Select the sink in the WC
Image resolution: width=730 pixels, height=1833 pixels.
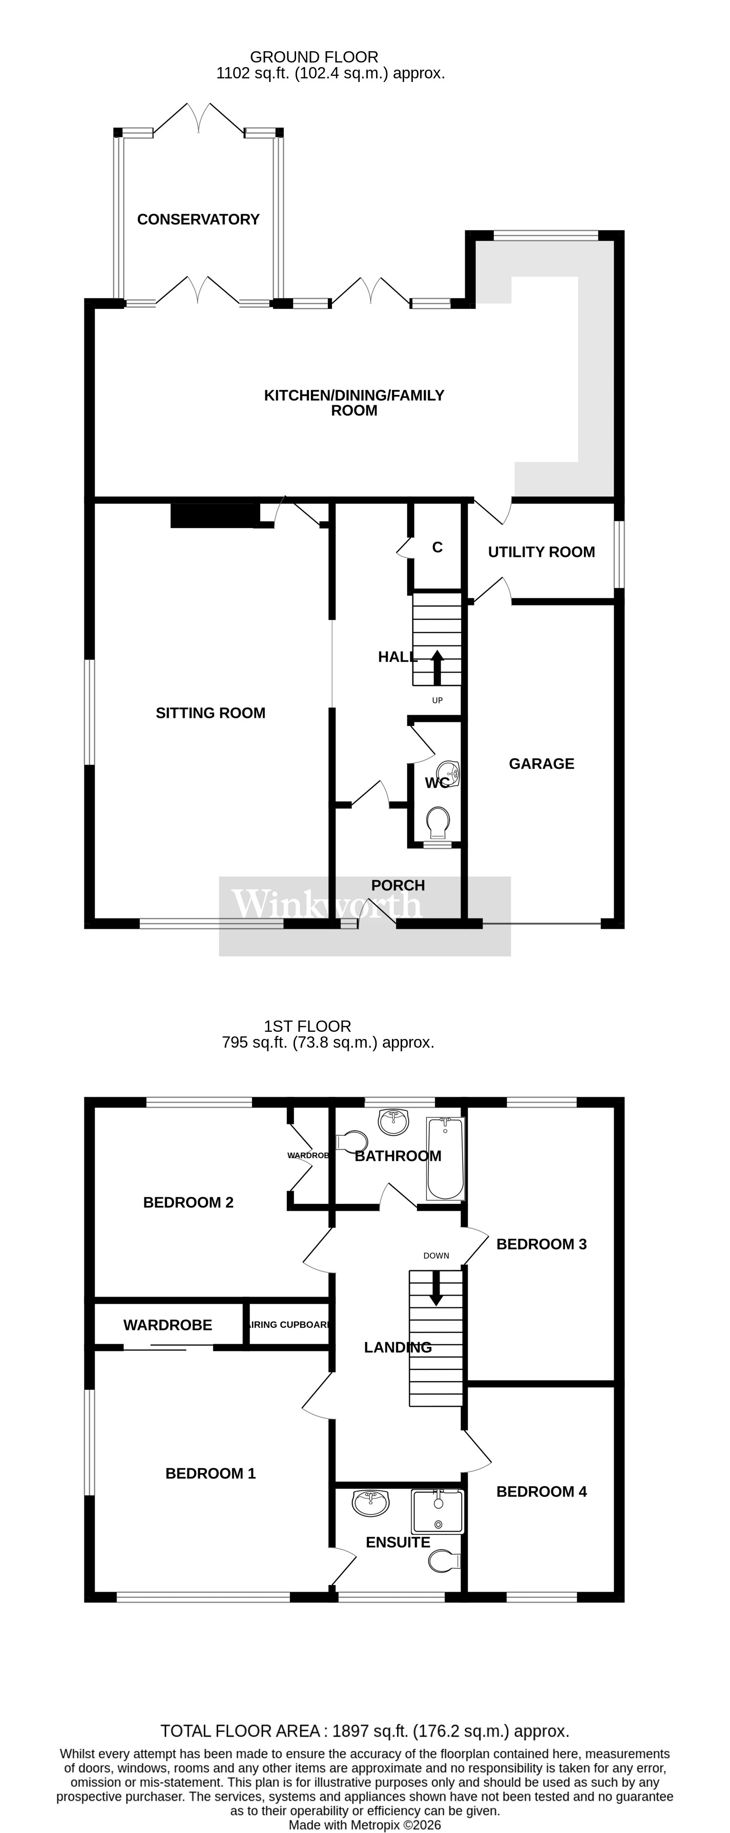click(x=448, y=772)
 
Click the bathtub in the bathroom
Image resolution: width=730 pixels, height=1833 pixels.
click(x=445, y=1158)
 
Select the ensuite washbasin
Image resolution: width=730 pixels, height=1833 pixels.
click(x=371, y=1503)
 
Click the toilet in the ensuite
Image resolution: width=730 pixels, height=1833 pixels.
click(x=444, y=1560)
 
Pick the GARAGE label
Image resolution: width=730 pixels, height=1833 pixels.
click(x=541, y=763)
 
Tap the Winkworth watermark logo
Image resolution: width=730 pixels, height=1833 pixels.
click(x=327, y=905)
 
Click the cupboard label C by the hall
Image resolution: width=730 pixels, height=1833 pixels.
click(x=437, y=547)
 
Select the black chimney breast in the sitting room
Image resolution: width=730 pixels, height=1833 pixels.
click(x=214, y=516)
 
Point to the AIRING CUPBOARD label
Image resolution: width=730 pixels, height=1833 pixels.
click(x=289, y=1324)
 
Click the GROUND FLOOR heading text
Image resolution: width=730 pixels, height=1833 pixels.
click(x=314, y=57)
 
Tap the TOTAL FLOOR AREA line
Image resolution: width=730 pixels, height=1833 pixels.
click(x=364, y=1731)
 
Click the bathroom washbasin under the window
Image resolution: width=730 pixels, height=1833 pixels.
click(x=393, y=1121)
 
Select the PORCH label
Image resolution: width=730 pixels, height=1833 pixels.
click(x=398, y=885)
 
